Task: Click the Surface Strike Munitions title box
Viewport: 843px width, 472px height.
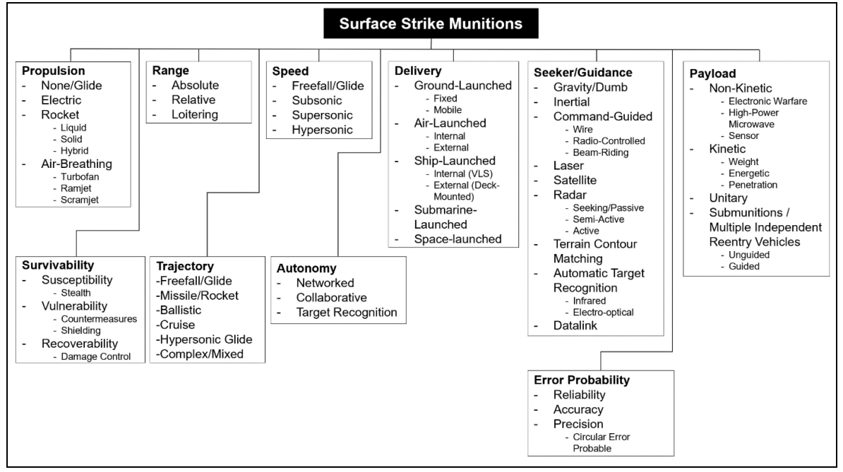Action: pyautogui.click(x=431, y=23)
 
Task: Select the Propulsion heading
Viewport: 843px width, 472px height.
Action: pyautogui.click(x=53, y=71)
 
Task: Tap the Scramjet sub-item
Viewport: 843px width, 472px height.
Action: pyautogui.click(x=80, y=200)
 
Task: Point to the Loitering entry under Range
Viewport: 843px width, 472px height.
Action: pyautogui.click(x=195, y=114)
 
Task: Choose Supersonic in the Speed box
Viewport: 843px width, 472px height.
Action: pyautogui.click(x=322, y=115)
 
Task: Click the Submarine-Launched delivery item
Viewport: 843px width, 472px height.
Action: pyautogui.click(x=446, y=217)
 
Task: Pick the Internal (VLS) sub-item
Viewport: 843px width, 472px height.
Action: pyautogui.click(x=463, y=174)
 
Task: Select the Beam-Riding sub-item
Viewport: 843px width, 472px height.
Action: pyautogui.click(x=601, y=152)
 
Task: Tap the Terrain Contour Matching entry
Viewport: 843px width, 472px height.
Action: pyautogui.click(x=595, y=251)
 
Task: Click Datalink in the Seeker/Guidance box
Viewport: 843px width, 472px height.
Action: pyautogui.click(x=575, y=325)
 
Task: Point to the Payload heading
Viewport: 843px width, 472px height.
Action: pyautogui.click(x=712, y=73)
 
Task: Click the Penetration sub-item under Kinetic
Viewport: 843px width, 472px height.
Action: pyautogui.click(x=753, y=185)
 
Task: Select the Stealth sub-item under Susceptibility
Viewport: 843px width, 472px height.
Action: pyautogui.click(x=76, y=293)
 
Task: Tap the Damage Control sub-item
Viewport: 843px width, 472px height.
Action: pyautogui.click(x=96, y=356)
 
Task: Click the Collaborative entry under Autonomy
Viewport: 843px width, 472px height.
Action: pyautogui.click(x=331, y=298)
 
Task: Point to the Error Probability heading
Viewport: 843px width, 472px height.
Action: pyautogui.click(x=582, y=380)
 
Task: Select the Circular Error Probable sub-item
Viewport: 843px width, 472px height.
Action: pyautogui.click(x=601, y=442)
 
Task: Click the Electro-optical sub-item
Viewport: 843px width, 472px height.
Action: pyautogui.click(x=603, y=313)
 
